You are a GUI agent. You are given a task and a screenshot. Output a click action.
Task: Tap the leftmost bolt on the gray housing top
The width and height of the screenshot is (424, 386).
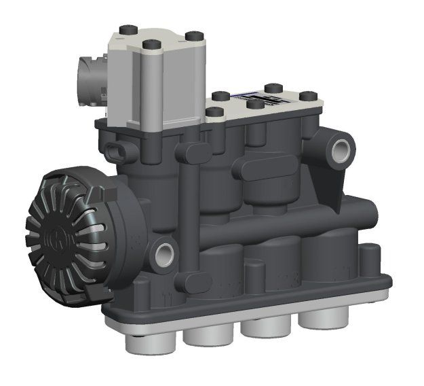point(126,30)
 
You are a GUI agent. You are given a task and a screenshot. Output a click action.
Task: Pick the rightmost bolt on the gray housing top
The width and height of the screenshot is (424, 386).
point(193,35)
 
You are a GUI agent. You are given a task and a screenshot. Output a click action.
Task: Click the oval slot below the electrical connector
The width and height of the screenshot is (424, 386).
point(121,150)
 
